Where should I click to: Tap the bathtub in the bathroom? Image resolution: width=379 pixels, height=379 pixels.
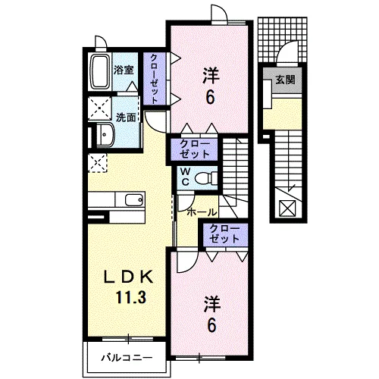coord(99,73)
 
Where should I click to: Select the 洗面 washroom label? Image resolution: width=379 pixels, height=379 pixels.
coord(126,117)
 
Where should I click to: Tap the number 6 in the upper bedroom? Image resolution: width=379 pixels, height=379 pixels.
coord(211,96)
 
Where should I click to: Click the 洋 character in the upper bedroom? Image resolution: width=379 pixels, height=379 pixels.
coord(211,75)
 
